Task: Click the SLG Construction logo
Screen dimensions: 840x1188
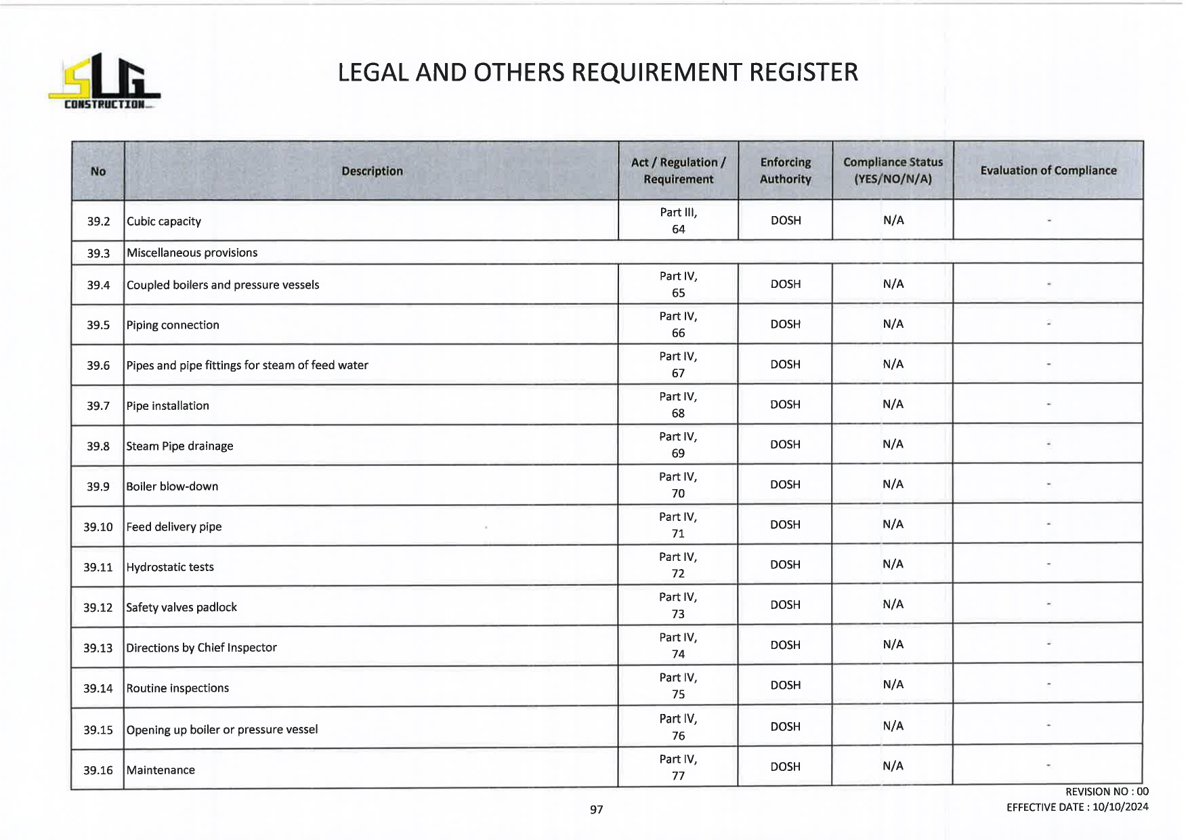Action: click(x=104, y=82)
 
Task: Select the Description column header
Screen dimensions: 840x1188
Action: click(x=372, y=171)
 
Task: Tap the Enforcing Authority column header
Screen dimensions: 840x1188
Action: click(x=785, y=171)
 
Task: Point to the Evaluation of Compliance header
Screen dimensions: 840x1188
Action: click(x=1048, y=171)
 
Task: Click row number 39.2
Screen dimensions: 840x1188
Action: click(x=98, y=222)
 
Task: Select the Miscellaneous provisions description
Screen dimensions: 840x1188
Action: click(x=192, y=253)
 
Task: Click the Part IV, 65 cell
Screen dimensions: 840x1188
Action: click(x=678, y=285)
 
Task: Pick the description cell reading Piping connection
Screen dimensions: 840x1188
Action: click(x=173, y=325)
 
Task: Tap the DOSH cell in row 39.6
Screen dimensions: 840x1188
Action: click(x=785, y=364)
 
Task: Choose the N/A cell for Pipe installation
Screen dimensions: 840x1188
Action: click(x=893, y=404)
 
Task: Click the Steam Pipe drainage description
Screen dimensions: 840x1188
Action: click(x=179, y=446)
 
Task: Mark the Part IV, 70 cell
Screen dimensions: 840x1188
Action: click(x=678, y=485)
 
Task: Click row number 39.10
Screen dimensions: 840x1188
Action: click(x=98, y=527)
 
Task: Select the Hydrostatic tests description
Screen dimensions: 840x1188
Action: click(x=170, y=567)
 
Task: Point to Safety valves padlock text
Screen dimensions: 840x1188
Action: click(x=182, y=608)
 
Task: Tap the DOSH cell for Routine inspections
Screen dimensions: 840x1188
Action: click(x=785, y=686)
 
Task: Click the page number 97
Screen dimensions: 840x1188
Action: click(x=596, y=810)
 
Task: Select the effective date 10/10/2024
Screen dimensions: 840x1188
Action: click(x=1120, y=807)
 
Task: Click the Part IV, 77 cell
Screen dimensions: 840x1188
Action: click(x=678, y=768)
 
